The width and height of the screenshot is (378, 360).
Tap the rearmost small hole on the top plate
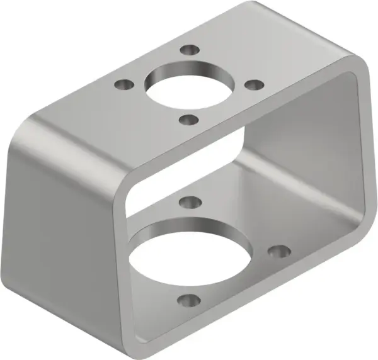pyautogui.click(x=187, y=50)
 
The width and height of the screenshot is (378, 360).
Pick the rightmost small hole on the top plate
pyautogui.click(x=253, y=84)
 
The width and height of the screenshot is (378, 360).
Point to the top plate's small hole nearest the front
pyautogui.click(x=188, y=118)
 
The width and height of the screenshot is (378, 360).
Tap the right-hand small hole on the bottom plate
pyautogui.click(x=277, y=251)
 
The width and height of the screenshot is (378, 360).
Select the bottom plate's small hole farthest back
pyautogui.click(x=188, y=202)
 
